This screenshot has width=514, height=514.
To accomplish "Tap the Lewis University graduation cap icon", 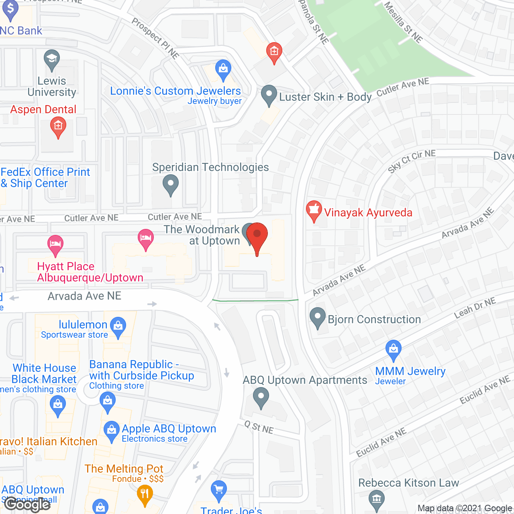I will pos(51,59).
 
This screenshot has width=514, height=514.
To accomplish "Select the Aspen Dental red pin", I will pos(58,126).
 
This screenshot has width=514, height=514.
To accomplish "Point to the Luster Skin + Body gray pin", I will pos(269,95).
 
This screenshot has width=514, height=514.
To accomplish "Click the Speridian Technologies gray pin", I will pos(171,185).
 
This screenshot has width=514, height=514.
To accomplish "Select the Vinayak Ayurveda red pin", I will pos(314,210).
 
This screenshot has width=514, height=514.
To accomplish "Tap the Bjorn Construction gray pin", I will pos(318,317).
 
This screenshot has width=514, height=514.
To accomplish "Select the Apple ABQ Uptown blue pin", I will pos(111,431).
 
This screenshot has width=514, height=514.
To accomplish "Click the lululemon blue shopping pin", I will pos(118,326).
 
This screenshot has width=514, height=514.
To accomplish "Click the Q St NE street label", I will pos(259,428).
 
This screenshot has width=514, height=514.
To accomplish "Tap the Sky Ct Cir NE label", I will pos(412,161).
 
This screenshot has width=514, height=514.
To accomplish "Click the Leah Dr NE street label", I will pos(475,308).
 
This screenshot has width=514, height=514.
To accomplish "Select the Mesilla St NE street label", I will pos(403,22).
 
